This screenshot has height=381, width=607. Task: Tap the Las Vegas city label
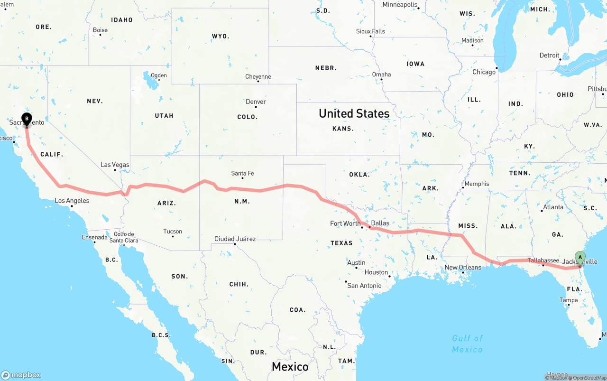point(115,165)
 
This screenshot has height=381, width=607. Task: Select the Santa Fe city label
point(242,173)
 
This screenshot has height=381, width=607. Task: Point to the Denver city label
point(256,102)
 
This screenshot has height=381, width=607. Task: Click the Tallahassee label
point(543,260)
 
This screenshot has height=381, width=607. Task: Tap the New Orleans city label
point(462,268)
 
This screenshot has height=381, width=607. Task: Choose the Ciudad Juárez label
point(235,239)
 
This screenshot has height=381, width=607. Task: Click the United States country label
point(354,113)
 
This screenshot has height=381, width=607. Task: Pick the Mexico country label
point(290,366)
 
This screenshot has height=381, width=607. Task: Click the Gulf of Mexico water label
point(467,344)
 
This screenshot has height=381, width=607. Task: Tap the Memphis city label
point(477,184)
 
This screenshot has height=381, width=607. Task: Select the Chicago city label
point(484,72)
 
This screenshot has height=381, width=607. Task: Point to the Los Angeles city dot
point(72,206)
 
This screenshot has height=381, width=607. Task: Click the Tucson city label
point(173,232)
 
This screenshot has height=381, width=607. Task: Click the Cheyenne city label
point(258,76)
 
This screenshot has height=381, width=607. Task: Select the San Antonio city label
point(364,286)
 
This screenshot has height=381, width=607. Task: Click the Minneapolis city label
point(400,5)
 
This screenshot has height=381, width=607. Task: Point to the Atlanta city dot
point(542,211)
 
